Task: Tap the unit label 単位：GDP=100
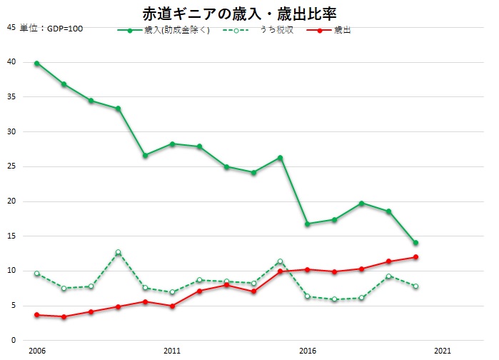51,28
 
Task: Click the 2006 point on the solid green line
36,63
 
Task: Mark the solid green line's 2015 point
281,158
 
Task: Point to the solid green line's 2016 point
308,224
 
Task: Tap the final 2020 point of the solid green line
415,243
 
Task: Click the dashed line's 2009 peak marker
118,252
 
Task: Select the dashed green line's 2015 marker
281,261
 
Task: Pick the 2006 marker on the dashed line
36,274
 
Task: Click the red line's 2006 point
36,315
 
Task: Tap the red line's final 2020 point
415,257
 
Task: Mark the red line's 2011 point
172,306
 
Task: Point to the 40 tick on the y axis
11,62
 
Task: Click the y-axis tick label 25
11,166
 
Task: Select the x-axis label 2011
172,351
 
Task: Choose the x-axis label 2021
443,351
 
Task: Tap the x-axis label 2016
308,351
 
